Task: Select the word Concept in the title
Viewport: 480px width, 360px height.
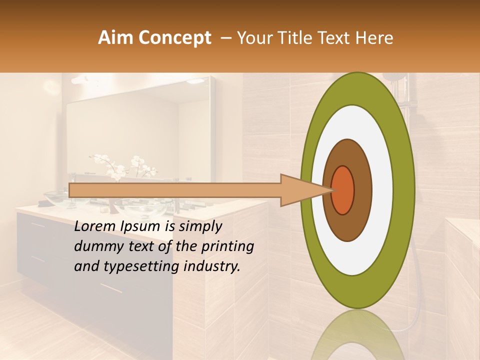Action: tap(174, 38)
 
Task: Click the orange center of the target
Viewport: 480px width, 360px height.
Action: tap(343, 190)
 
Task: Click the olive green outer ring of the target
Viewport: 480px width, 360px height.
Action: tap(405, 190)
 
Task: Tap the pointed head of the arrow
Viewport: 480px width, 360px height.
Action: tap(305, 190)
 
